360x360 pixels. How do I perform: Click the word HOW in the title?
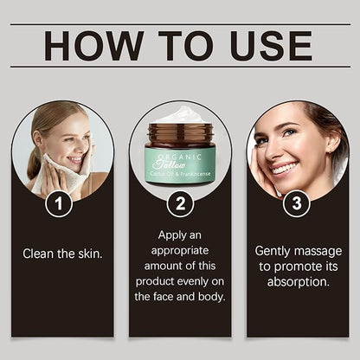pyautogui.click(x=93, y=46)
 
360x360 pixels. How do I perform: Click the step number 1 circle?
pyautogui.click(x=59, y=203)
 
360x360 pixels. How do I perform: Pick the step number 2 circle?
pyautogui.click(x=180, y=203)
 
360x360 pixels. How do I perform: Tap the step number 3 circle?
pyautogui.click(x=297, y=203)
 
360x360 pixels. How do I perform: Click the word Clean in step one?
pyautogui.click(x=38, y=254)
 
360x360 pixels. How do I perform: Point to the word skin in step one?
pyautogui.click(x=90, y=254)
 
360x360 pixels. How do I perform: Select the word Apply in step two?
pyautogui.click(x=170, y=236)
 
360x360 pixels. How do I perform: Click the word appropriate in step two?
pyautogui.click(x=180, y=251)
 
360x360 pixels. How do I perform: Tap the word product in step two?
pyautogui.click(x=155, y=281)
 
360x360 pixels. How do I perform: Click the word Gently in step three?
pyautogui.click(x=272, y=252)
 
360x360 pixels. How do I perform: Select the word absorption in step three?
pyautogui.click(x=299, y=282)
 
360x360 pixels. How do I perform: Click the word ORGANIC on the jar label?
pyautogui.click(x=179, y=157)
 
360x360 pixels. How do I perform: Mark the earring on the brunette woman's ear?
pyautogui.click(x=330, y=151)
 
